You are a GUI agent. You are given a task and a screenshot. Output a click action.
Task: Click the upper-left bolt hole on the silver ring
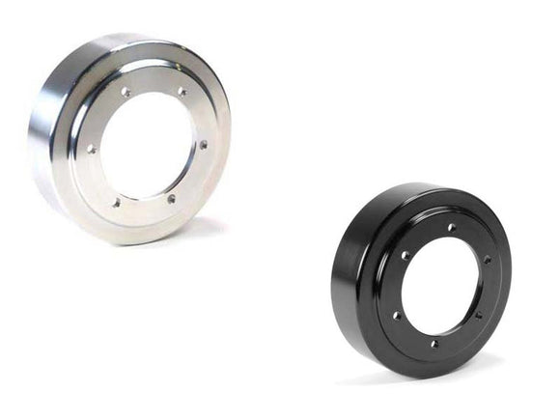125,92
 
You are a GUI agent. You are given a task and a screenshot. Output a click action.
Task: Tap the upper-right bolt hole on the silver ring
181,92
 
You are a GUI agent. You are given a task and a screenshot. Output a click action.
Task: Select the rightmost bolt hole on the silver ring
203,144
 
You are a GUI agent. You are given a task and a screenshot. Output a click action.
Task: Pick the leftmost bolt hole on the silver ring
91,149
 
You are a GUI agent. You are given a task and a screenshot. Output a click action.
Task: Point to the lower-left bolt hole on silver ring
115,202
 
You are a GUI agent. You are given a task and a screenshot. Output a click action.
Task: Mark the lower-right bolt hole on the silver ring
171,199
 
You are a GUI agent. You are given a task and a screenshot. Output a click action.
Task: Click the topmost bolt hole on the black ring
450,228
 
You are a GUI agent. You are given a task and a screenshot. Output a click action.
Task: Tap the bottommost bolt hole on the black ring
433,343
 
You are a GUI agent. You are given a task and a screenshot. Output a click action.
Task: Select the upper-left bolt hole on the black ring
405,255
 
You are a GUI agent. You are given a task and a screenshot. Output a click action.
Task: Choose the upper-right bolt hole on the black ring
487,259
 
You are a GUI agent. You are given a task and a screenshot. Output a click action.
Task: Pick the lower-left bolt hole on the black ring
395,315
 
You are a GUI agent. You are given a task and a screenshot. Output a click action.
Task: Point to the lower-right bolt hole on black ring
477,315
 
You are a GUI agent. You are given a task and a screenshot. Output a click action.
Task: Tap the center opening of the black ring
442,286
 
